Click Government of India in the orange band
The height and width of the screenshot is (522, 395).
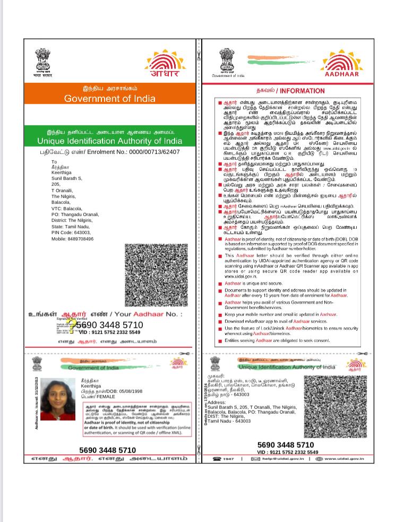point(110,99)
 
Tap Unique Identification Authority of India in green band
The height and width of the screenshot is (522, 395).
point(109,141)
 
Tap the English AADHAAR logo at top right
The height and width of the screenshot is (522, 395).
point(341,64)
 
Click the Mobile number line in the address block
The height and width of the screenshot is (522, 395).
point(72,239)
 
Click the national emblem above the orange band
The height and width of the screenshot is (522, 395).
point(43,61)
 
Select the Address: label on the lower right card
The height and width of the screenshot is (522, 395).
point(217,403)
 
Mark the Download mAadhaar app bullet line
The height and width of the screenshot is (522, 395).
point(276,321)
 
